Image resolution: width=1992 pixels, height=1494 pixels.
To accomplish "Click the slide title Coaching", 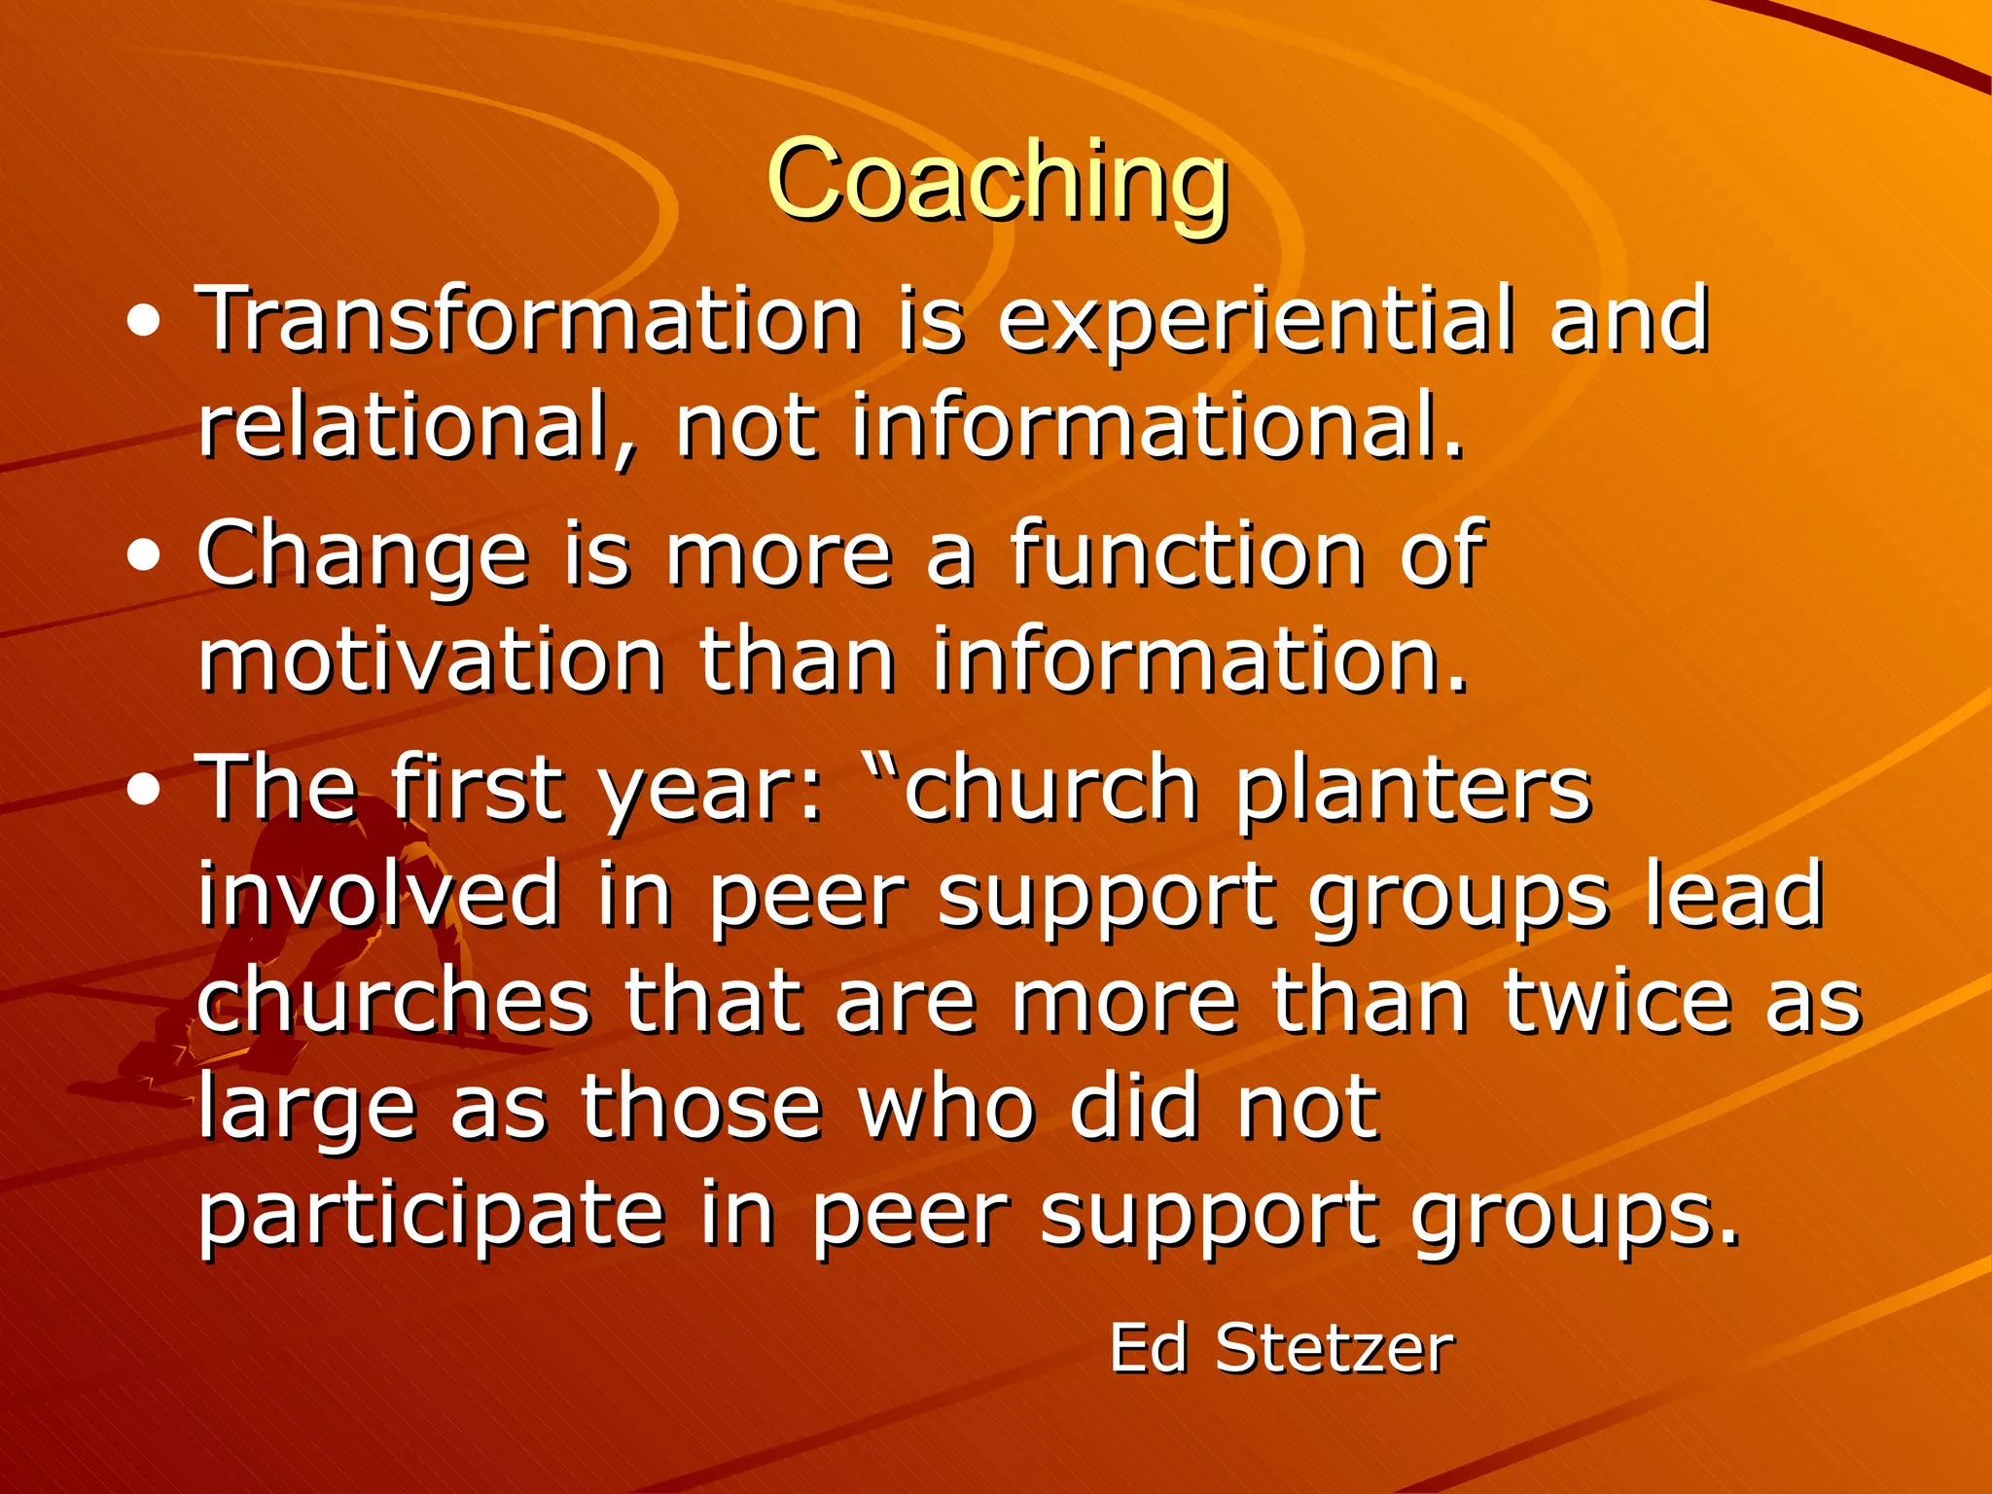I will click(998, 181).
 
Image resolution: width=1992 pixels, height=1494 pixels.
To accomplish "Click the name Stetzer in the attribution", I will click(1334, 1349).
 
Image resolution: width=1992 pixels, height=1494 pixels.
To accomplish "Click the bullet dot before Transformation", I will click(144, 322).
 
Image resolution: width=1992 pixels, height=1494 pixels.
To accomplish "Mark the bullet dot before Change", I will click(144, 556).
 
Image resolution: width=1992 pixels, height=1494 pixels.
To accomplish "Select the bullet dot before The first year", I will click(144, 790).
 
